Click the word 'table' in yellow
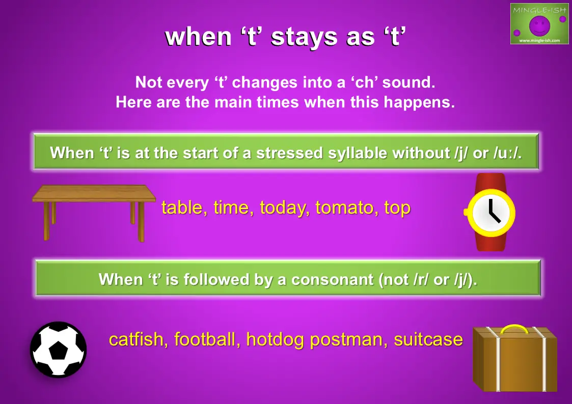tap(182, 207)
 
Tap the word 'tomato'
tap(344, 207)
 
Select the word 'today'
tap(282, 208)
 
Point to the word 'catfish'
tap(136, 339)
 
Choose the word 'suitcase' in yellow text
tap(428, 339)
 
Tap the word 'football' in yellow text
tap(205, 339)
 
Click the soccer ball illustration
tap(59, 349)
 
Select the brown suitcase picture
tap(515, 358)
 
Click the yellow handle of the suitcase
tap(514, 329)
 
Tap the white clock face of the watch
tap(491, 213)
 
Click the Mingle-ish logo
tap(539, 24)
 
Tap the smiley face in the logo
tap(539, 25)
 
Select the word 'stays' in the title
tap(304, 37)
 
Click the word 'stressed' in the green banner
tap(289, 153)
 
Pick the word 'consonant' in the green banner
tap(332, 279)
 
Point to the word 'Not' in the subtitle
tap(148, 82)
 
